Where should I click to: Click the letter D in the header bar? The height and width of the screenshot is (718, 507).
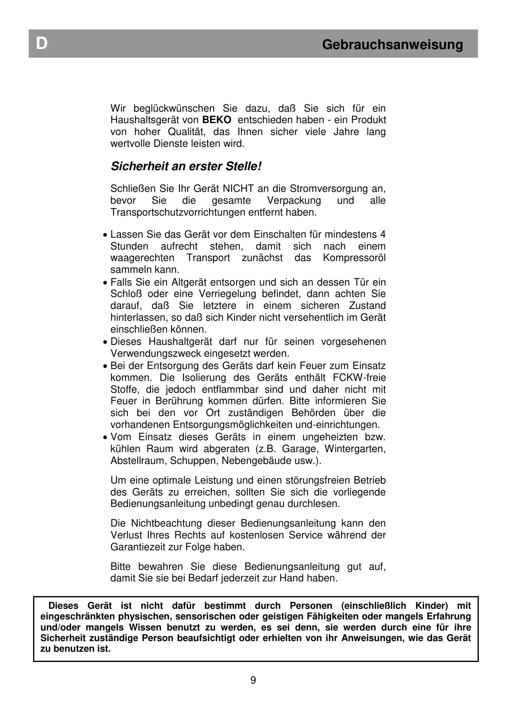pyautogui.click(x=41, y=44)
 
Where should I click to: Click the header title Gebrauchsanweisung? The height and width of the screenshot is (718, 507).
pyautogui.click(x=392, y=44)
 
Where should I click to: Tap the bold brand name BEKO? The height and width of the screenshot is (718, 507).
pyautogui.click(x=217, y=120)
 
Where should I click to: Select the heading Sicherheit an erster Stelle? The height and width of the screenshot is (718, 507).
pyautogui.click(x=186, y=167)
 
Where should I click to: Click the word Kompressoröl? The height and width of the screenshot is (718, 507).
pyautogui.click(x=354, y=258)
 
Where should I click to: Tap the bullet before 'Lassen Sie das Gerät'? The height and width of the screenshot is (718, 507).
pyautogui.click(x=106, y=236)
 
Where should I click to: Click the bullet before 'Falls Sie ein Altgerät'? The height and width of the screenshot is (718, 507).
pyautogui.click(x=106, y=283)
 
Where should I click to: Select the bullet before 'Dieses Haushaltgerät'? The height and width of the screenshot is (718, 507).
pyautogui.click(x=106, y=342)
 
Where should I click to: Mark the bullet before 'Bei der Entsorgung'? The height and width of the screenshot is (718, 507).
pyautogui.click(x=106, y=367)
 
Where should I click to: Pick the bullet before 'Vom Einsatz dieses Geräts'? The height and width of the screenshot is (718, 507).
pyautogui.click(x=106, y=438)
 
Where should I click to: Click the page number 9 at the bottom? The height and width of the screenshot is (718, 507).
pyautogui.click(x=253, y=680)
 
